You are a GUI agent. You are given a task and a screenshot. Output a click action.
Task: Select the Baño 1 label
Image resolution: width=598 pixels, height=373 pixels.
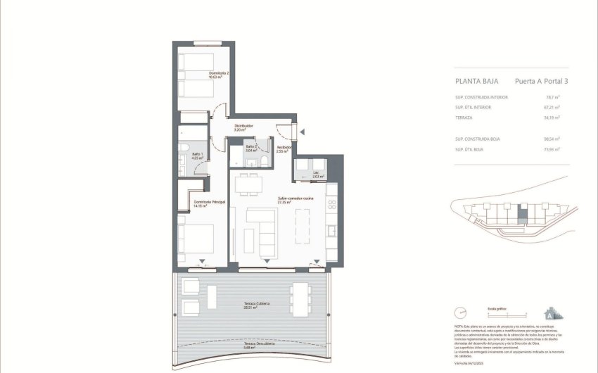[198, 156]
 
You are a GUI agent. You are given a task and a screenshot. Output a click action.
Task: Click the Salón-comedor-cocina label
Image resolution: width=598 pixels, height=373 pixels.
[295, 200]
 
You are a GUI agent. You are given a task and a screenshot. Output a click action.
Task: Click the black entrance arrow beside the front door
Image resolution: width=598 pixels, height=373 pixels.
[302, 131]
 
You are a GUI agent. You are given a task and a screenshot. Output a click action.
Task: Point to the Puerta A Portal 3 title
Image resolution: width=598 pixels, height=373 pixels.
[541, 81]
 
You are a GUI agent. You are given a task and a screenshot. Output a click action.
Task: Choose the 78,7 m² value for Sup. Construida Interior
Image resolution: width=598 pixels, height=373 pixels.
[552, 97]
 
